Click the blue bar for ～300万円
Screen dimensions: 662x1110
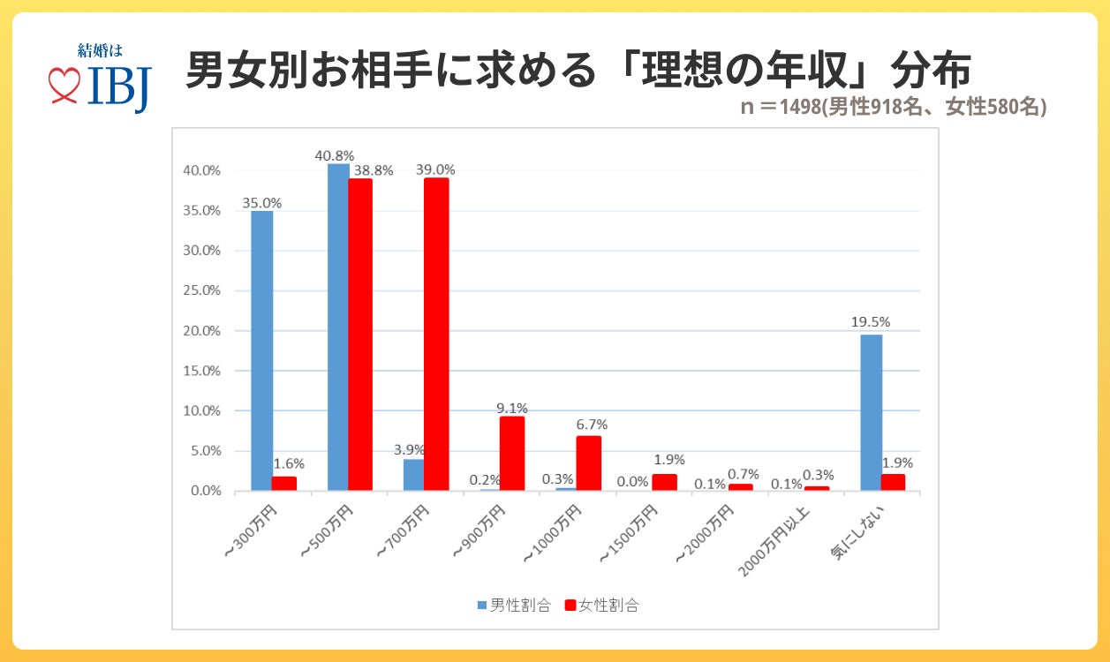pyautogui.click(x=261, y=350)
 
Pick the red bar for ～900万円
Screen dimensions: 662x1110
pyautogui.click(x=512, y=453)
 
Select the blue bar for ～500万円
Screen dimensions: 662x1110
pyautogui.click(x=338, y=327)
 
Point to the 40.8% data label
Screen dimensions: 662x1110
pyautogui.click(x=334, y=155)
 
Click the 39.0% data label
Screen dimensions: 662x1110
pyautogui.click(x=436, y=169)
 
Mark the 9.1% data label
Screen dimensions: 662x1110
pyautogui.click(x=513, y=408)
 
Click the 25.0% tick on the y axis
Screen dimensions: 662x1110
pyautogui.click(x=202, y=290)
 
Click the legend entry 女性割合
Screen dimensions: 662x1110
pyautogui.click(x=602, y=606)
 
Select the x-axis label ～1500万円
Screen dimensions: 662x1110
pyautogui.click(x=628, y=535)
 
